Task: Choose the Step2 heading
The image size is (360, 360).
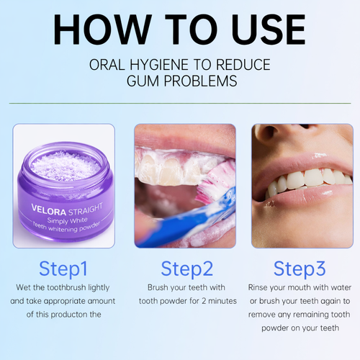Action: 186,269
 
